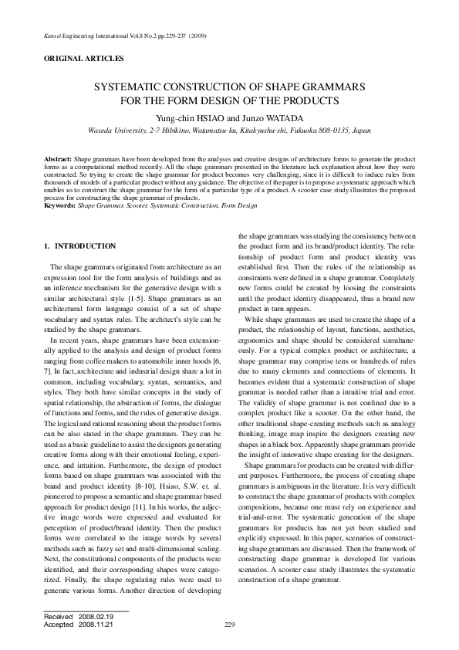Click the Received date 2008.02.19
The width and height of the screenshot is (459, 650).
pyautogui.click(x=96, y=618)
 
